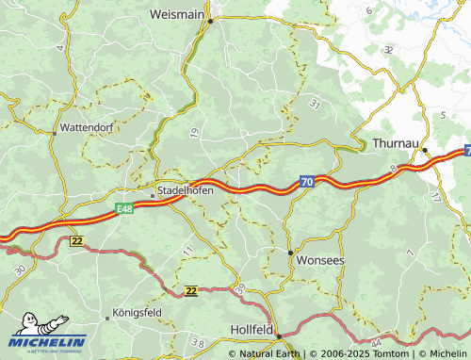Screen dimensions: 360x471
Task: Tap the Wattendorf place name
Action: (86, 125)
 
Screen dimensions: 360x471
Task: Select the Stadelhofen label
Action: (185, 189)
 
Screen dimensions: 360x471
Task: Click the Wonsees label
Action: (320, 258)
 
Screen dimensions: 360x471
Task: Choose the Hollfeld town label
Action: (252, 330)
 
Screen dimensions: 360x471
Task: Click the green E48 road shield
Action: (125, 207)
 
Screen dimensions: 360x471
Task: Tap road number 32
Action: (388, 48)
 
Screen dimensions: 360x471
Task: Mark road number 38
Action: (197, 341)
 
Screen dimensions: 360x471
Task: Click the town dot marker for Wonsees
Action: (289, 253)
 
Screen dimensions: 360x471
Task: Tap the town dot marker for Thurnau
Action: (424, 149)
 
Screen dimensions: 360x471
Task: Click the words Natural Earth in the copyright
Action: (270, 353)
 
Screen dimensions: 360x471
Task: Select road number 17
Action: (433, 197)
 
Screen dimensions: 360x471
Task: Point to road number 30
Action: (21, 270)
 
